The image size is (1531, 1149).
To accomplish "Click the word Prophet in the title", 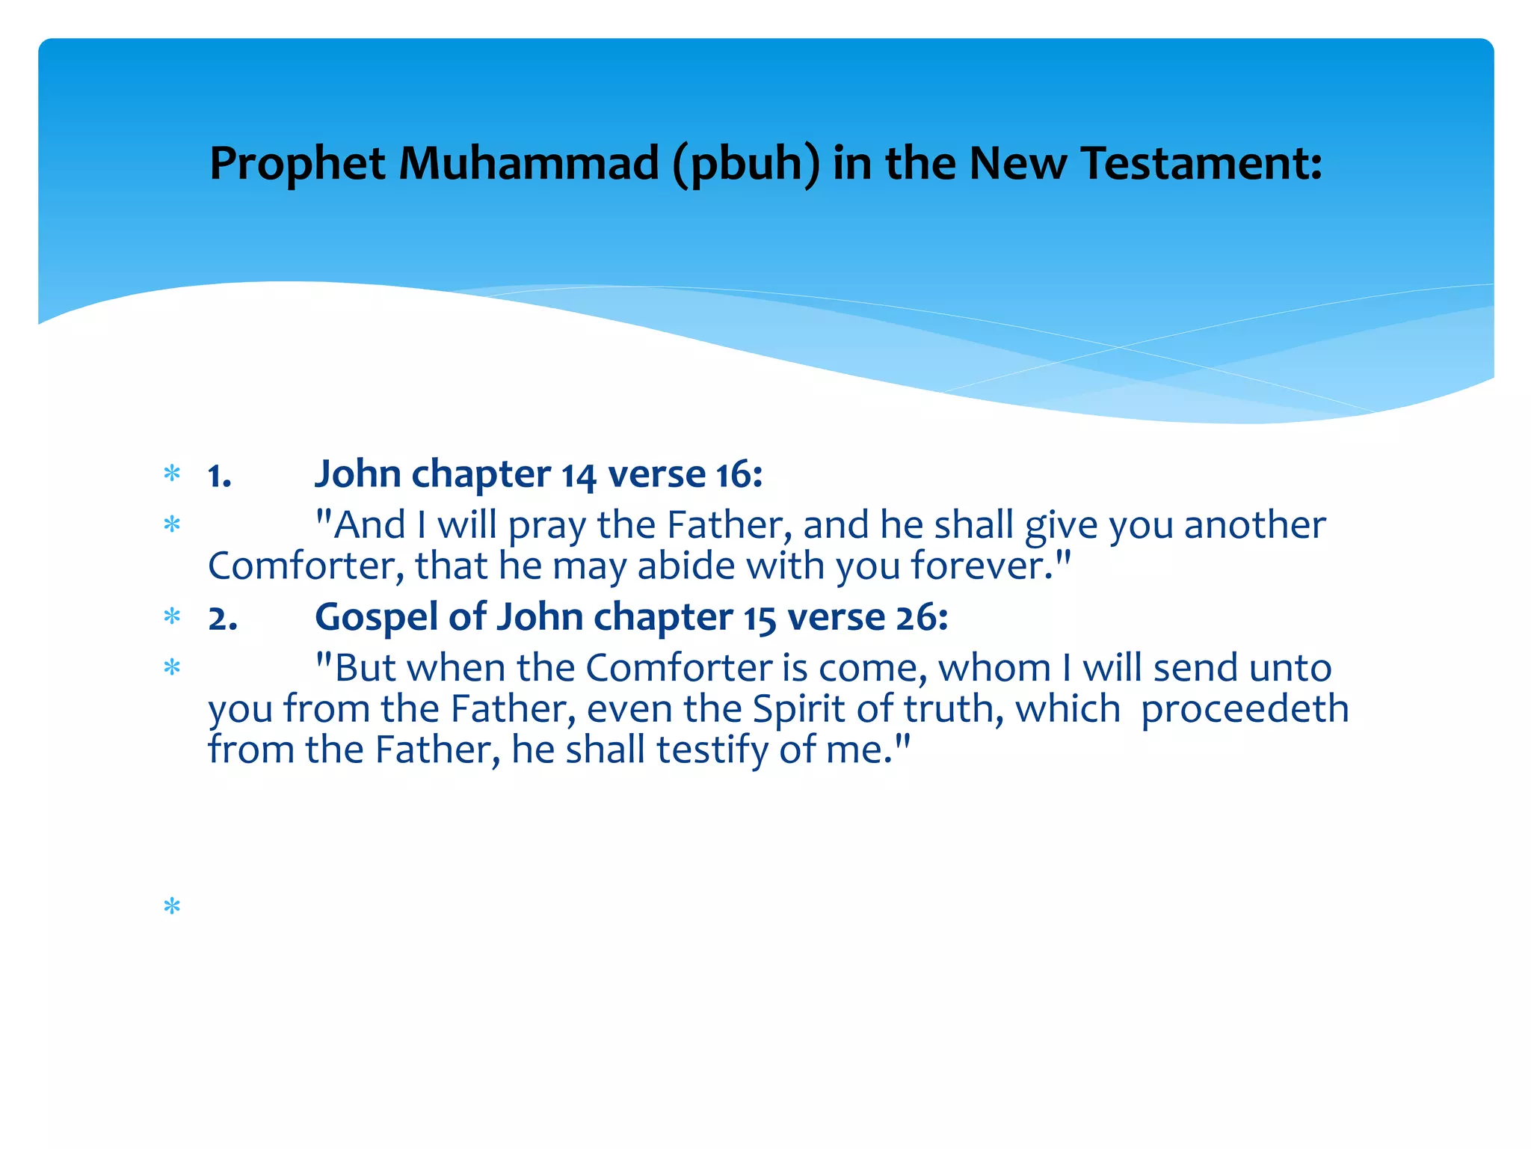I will (x=297, y=164).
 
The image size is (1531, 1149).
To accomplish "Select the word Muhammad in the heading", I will (x=529, y=163).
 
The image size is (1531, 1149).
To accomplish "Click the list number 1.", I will (x=220, y=476).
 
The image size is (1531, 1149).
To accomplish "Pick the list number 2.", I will (x=223, y=619).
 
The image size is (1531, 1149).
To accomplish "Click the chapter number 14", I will (x=579, y=476).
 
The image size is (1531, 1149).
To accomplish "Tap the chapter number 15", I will (x=760, y=619).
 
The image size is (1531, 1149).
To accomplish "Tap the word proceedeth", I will (x=1245, y=709).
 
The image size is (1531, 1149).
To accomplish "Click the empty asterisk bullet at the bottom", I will (x=172, y=907).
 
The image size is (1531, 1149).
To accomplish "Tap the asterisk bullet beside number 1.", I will (x=172, y=474).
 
